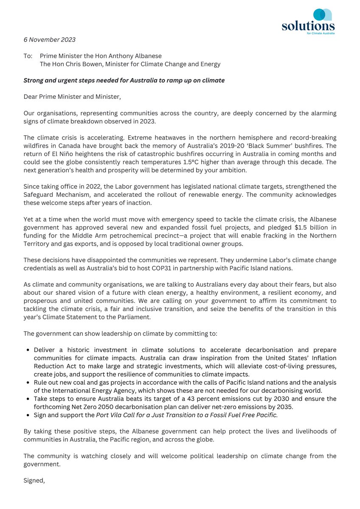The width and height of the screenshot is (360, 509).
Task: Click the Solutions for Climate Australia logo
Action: [308, 21]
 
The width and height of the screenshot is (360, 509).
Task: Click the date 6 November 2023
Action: [49, 39]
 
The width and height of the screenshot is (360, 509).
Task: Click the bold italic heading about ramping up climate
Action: [124, 80]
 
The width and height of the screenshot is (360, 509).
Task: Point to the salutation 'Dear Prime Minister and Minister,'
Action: [72, 97]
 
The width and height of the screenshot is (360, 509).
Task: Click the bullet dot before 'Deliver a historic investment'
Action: [28, 350]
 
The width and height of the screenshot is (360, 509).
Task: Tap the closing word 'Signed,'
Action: [34, 480]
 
